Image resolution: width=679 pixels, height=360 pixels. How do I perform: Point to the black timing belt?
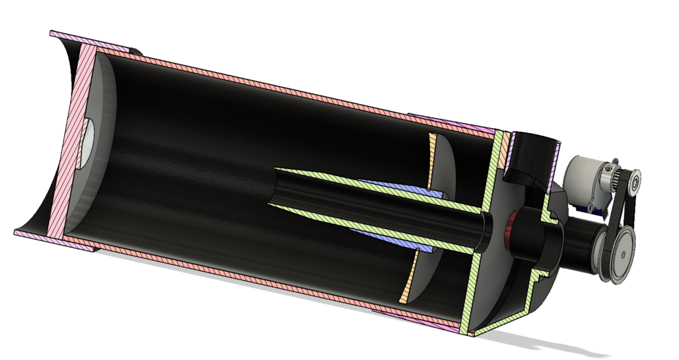point(607,212)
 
